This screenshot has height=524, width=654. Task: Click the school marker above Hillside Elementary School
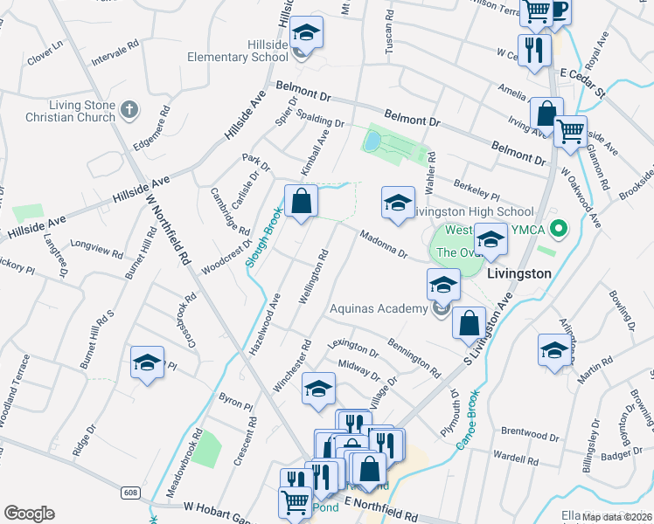point(305,34)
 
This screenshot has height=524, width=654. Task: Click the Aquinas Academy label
point(379,307)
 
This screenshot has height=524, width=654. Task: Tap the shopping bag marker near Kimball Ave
point(300,201)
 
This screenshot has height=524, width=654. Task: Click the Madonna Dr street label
point(384,243)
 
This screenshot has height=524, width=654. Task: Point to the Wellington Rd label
point(312,277)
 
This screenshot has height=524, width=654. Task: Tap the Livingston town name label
point(518,272)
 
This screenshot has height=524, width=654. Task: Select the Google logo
point(29,514)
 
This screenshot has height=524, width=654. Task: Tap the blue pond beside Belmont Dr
point(372,140)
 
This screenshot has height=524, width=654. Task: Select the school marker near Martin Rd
point(553,351)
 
